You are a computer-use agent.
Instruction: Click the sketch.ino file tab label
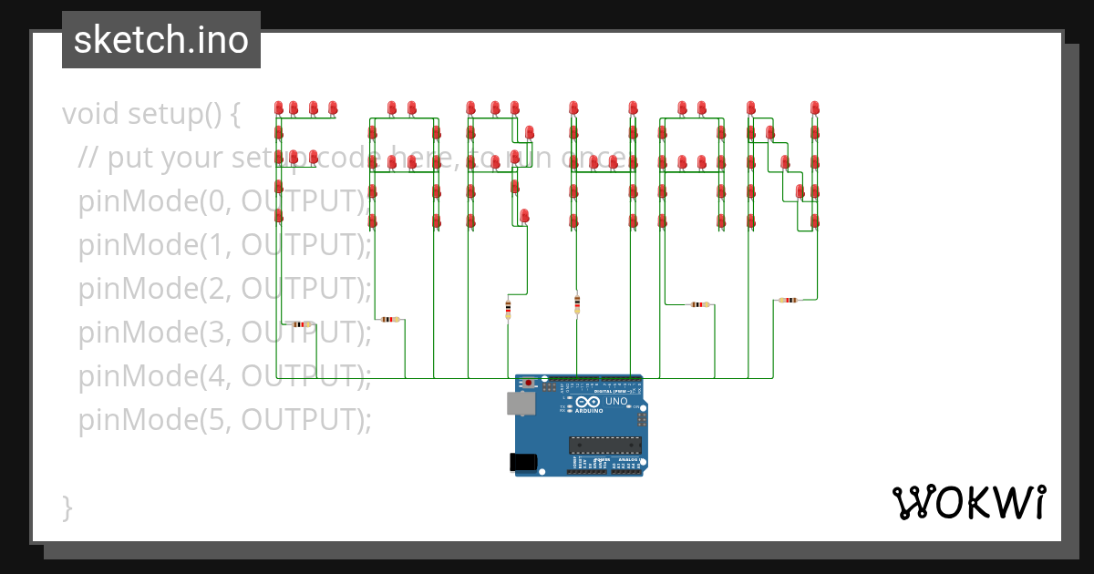coord(161,40)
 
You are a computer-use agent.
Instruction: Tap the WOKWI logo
coord(968,502)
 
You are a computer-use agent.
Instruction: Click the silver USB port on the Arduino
coord(522,404)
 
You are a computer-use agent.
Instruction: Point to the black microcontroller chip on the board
coord(604,446)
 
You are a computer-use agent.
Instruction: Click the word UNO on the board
coord(616,401)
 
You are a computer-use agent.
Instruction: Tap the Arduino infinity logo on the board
coord(588,402)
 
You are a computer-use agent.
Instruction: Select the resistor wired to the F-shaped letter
coord(299,324)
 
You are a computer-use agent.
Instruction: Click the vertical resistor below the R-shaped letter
coord(508,310)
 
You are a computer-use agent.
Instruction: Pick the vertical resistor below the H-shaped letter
coord(577,303)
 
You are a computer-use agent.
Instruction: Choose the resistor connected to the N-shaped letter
coord(788,300)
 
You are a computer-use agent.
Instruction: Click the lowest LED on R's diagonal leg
coord(524,215)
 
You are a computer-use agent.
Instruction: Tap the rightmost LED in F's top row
coord(333,108)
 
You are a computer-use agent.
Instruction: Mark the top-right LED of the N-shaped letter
coord(814,108)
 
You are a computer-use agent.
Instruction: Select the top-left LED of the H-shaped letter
coord(573,108)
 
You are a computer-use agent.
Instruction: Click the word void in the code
coord(91,115)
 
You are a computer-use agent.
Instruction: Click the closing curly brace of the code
coord(67,507)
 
